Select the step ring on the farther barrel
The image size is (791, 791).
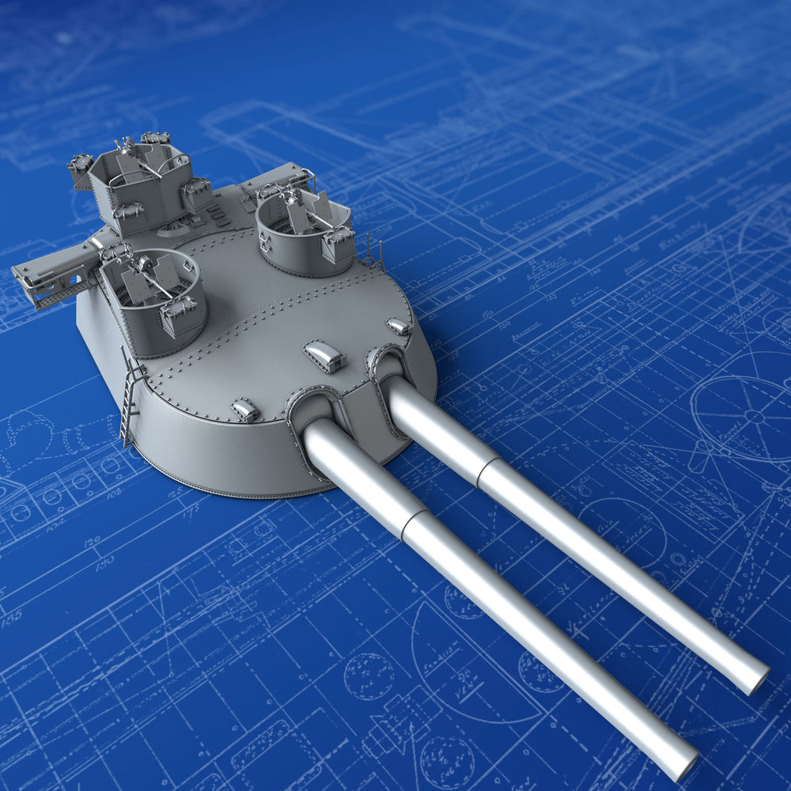click(x=484, y=469)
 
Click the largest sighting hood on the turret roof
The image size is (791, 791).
click(x=324, y=356)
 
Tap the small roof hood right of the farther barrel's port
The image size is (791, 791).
click(x=399, y=325)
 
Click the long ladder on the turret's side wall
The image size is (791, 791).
click(x=129, y=400)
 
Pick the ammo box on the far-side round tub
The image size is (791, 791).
click(x=339, y=244)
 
